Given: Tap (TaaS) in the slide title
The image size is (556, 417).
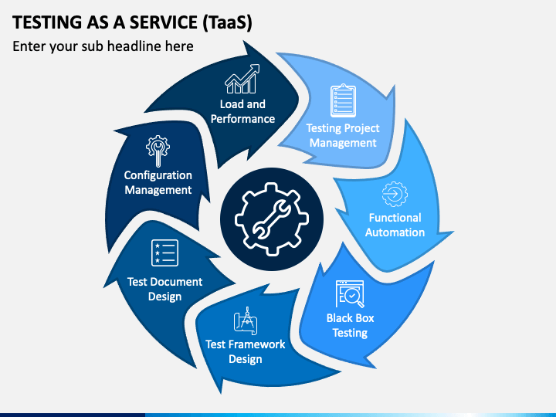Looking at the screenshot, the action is pos(227,22).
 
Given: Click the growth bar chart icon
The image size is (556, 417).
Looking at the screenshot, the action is pos(242,79).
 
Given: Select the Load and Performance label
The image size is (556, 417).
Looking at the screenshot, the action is pos(242,111).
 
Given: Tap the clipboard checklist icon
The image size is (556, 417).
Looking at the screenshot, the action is pos(343,100).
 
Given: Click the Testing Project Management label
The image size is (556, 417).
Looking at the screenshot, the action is pos(343,135).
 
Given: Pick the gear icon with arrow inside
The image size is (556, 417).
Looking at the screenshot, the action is pos(395,194).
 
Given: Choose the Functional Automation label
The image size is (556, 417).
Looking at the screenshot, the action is pos(395,225).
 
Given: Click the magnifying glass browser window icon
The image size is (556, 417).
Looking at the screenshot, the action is pos(350,294).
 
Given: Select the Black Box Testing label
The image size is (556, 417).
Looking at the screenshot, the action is pos(350,325).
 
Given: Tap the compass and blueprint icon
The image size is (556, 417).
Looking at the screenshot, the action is pos(246,321).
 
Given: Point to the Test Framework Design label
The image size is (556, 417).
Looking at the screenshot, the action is pos(245,351).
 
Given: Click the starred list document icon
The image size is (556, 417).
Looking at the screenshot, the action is pos(164,253).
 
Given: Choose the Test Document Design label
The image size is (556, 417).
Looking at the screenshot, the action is pos(164,289).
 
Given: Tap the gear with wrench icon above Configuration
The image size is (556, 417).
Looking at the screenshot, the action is pos(158,151).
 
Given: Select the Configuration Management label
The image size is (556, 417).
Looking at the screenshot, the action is pos(158,182).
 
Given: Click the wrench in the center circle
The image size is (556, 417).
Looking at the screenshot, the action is pos(272,219).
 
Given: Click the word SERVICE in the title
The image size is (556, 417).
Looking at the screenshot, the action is pos(164,22).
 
